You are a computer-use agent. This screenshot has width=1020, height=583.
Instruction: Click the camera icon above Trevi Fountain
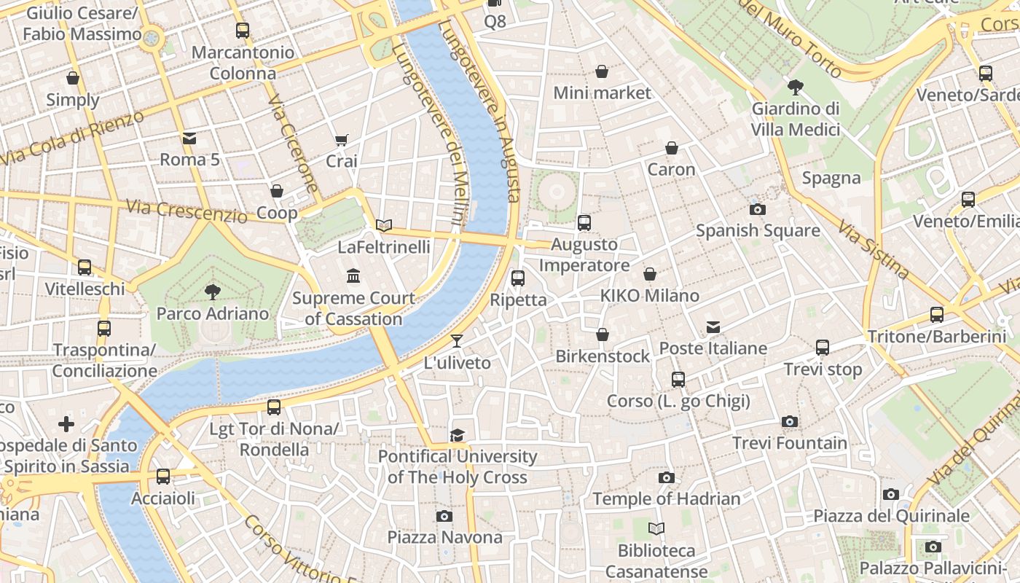pos(789,421)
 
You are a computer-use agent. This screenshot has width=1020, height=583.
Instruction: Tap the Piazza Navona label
pos(444,538)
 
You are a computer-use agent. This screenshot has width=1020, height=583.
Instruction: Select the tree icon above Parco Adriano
pos(213,292)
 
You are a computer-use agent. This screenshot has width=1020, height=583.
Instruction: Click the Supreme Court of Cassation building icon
pos(353,275)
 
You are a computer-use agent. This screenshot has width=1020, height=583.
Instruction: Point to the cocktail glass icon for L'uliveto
pos(457,340)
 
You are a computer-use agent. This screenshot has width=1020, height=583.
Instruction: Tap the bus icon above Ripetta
pos(518,278)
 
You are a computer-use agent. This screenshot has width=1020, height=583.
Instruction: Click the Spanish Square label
pos(758,231)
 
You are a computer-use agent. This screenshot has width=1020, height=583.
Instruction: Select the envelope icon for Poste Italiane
pos(713,327)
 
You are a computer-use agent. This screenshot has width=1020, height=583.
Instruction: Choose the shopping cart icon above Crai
pos(341,139)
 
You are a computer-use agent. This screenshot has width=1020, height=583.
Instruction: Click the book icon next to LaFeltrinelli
pos(384,225)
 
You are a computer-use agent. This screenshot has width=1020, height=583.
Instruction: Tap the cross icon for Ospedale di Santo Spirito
pos(66,423)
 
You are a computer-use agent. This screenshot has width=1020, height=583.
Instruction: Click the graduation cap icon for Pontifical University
pos(457,435)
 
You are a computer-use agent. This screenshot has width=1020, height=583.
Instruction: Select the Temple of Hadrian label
pos(666,499)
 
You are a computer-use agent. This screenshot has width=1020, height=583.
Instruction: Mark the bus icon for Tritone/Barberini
pos(937,315)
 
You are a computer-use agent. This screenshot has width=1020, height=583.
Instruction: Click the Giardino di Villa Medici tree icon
pos(796,87)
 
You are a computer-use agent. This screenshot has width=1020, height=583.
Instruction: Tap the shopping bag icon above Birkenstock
pos(602,334)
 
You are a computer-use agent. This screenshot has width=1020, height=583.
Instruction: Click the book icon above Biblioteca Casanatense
pos(656,528)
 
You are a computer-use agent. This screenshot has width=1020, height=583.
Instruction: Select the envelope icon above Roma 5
pos(189,138)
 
